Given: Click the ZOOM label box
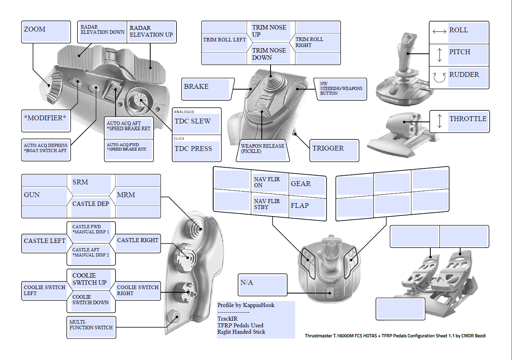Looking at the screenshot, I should [x=46, y=32].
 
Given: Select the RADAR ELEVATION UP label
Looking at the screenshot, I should [x=151, y=32].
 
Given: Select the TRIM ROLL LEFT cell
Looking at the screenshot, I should [x=224, y=40].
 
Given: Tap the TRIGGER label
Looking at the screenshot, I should [x=334, y=150].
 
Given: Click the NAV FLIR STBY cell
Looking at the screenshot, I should [x=270, y=205].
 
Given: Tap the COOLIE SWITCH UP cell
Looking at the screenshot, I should [x=91, y=279].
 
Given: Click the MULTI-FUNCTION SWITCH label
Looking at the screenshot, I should [x=91, y=327].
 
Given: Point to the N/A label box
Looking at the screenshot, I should [x=263, y=284].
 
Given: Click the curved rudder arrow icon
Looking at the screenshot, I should [x=439, y=77].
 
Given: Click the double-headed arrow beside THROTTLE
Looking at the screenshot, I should [x=439, y=121].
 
